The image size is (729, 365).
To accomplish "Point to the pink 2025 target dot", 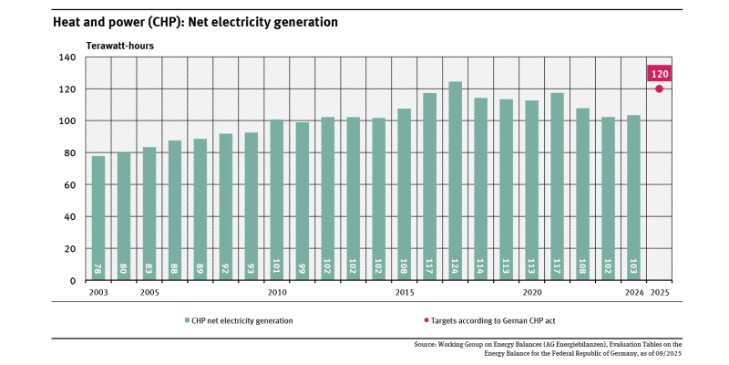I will click(x=659, y=89).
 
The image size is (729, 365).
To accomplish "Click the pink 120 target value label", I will click(x=659, y=74).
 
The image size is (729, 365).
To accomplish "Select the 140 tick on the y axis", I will click(x=68, y=57).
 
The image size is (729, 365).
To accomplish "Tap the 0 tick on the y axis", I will click(x=74, y=280).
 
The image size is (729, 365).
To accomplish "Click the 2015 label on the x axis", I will click(x=405, y=293).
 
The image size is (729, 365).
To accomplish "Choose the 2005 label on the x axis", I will click(x=149, y=293).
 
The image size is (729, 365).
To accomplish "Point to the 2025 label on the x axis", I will click(x=659, y=293).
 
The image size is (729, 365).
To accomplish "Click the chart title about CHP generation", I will click(x=195, y=20).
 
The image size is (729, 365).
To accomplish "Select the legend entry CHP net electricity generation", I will click(x=241, y=320).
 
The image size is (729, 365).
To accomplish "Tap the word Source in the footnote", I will click(x=426, y=344).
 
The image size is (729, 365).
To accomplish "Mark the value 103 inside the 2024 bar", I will click(x=634, y=270).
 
